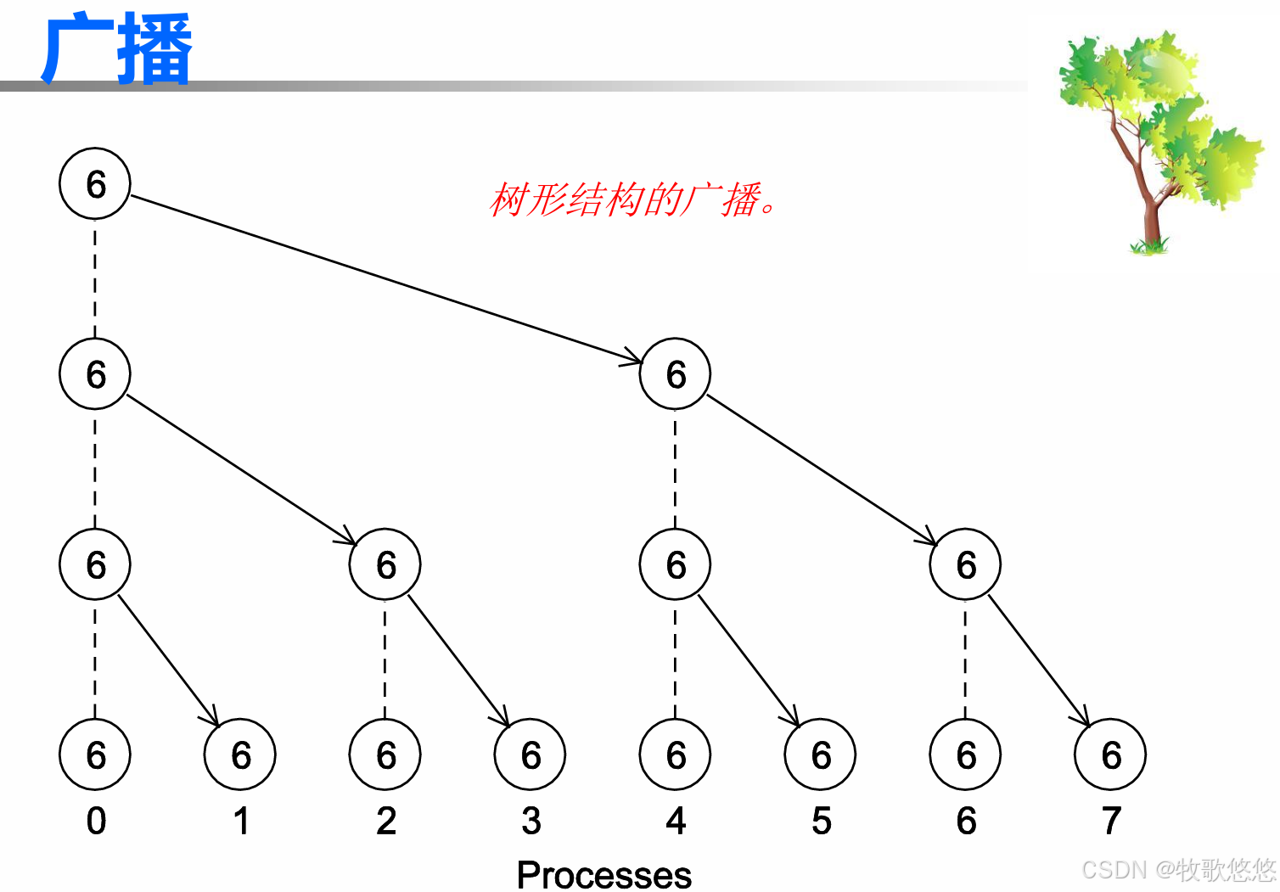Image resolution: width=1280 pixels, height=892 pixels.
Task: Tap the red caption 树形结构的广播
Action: coord(632,200)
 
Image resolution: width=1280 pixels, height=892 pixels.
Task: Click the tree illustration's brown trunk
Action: coord(1151,216)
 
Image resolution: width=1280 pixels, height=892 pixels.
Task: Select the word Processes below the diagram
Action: coord(604,875)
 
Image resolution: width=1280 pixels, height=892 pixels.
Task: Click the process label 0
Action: coord(96,821)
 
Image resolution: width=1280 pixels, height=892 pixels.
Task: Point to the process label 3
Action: coord(531,821)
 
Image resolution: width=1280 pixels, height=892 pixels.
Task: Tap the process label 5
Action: coord(821,821)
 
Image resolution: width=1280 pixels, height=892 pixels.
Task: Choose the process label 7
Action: coord(1111,821)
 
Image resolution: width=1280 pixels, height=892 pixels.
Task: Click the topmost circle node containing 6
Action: coord(95,183)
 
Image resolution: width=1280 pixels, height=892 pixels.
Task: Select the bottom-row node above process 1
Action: coord(240,755)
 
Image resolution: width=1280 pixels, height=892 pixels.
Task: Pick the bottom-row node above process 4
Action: coord(676,755)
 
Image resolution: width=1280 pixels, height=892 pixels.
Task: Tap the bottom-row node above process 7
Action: coord(1110,755)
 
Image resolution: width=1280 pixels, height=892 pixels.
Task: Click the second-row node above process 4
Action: coord(676,373)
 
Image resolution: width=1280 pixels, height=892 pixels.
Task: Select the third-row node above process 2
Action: coord(385,564)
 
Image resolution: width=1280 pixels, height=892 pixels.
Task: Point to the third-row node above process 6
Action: coord(965,564)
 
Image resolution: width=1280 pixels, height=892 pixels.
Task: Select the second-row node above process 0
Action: coord(95,373)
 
